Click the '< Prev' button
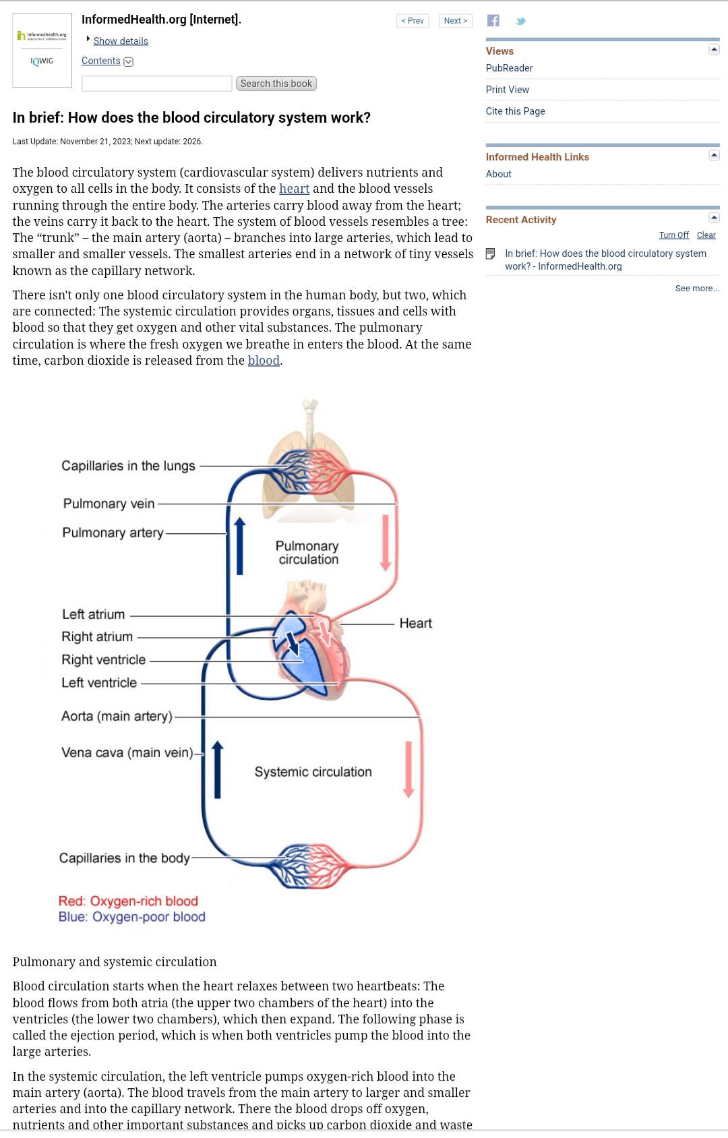tap(413, 21)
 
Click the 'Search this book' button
tap(276, 84)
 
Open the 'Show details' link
tap(121, 41)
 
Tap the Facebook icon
tap(493, 21)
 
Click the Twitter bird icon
tap(520, 21)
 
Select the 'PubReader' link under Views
tap(509, 68)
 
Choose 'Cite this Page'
tap(515, 111)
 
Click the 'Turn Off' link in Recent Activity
tap(673, 235)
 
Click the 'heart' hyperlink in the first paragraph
tap(294, 189)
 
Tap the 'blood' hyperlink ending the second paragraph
tap(264, 361)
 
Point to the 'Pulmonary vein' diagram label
tap(109, 504)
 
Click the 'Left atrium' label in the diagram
tap(93, 614)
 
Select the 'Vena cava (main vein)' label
tap(127, 752)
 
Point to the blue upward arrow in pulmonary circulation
tap(239, 546)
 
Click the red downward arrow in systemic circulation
tap(408, 769)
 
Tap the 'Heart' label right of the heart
tap(415, 624)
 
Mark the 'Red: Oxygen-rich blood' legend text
tap(128, 901)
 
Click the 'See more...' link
tap(697, 289)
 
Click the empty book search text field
tap(156, 84)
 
